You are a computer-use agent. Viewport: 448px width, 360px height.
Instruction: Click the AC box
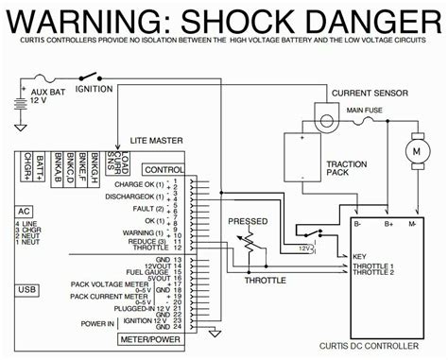click(26, 212)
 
